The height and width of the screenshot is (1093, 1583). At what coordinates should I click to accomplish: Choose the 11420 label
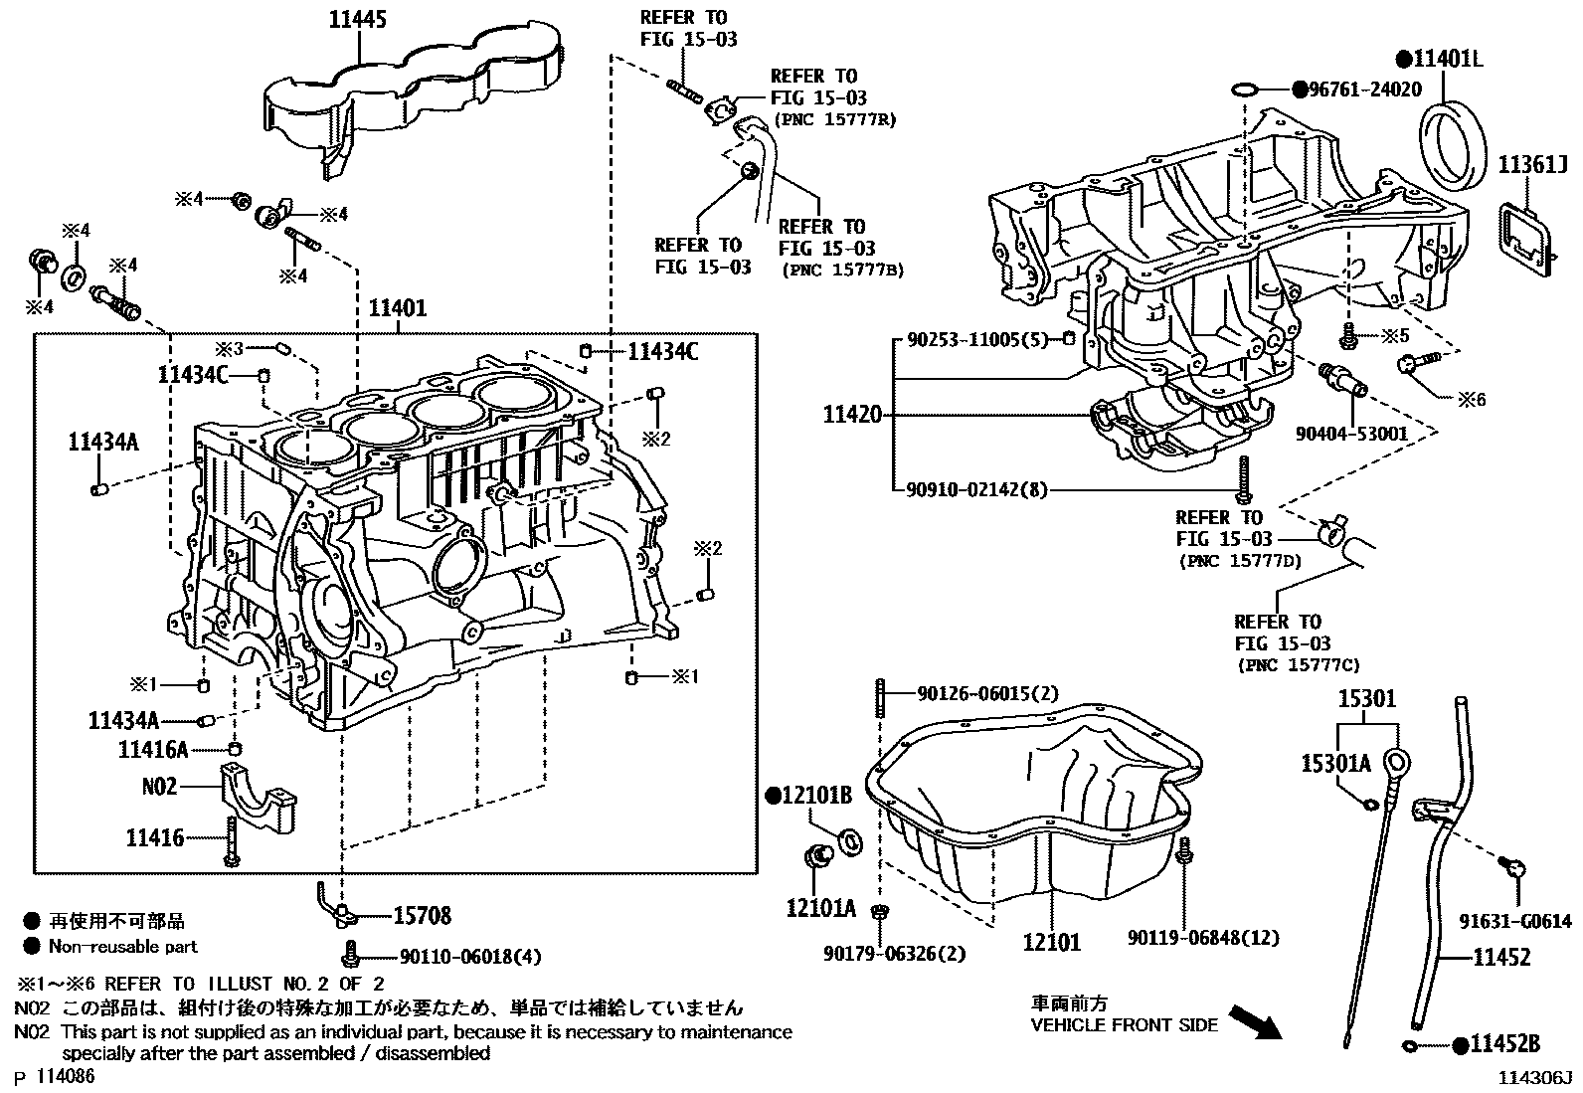(x=852, y=415)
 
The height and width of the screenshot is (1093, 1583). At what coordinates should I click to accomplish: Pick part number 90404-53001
(x=1351, y=434)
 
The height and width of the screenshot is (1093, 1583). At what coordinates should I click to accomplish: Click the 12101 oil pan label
(x=1052, y=940)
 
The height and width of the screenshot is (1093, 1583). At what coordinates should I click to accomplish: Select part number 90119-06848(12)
(x=1203, y=937)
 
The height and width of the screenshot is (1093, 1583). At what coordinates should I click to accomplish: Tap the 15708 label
(x=422, y=915)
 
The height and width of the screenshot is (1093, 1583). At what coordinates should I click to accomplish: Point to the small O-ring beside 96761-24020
(x=1243, y=91)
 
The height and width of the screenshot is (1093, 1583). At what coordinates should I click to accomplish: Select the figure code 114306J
(x=1536, y=1078)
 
